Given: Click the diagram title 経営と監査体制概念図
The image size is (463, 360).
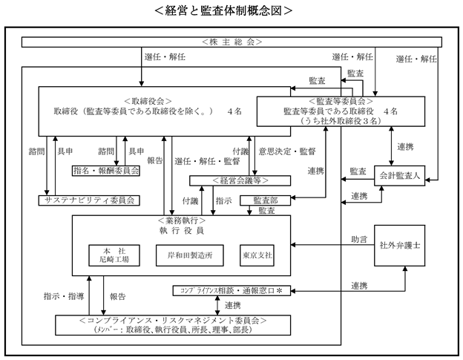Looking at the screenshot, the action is (223, 11).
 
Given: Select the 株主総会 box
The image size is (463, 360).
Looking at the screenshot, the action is (231, 42).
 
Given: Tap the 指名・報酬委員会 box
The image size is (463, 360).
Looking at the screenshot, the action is (106, 171).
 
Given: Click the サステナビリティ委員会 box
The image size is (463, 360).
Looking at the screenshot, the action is (89, 200).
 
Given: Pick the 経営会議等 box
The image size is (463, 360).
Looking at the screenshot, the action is (240, 180).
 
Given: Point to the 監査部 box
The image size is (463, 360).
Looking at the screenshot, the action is (265, 200).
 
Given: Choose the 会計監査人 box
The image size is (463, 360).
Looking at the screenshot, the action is (399, 176).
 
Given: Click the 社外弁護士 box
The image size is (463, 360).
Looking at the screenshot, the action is (399, 246).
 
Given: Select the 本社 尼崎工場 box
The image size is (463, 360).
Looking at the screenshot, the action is (114, 255).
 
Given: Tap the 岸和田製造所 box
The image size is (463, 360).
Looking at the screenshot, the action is (189, 255).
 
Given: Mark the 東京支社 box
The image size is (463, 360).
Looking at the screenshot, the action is (257, 255).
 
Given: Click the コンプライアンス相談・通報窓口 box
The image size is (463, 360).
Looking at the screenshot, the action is (231, 291).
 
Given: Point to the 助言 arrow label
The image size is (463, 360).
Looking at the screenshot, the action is (359, 239).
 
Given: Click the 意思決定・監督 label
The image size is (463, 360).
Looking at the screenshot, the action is (287, 151).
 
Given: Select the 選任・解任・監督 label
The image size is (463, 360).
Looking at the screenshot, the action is (207, 161).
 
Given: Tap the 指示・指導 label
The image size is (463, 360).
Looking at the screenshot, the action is (64, 296).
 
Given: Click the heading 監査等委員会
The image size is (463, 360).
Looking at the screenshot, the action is (341, 101).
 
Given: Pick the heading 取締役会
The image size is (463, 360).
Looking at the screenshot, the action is (148, 101).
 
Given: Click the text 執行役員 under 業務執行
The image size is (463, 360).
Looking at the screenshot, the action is (182, 231).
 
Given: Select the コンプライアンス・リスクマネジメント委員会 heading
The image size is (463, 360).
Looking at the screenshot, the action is (173, 321).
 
